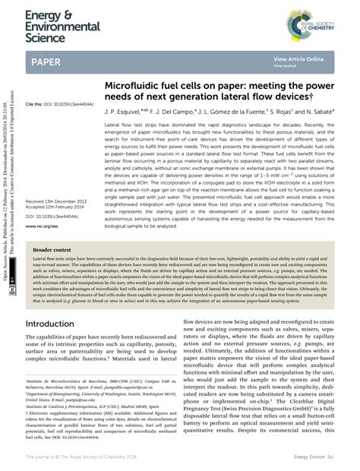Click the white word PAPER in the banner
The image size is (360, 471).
[x=47, y=61]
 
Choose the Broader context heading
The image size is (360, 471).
[x=52, y=248]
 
